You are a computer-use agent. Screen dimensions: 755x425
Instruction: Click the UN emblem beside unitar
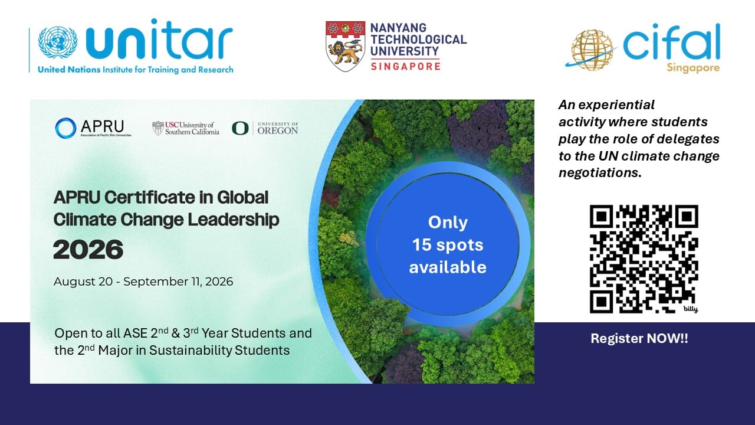[x=58, y=42]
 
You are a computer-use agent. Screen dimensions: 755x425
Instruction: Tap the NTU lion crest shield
[x=345, y=46]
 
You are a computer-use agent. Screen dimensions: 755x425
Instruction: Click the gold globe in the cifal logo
[x=592, y=50]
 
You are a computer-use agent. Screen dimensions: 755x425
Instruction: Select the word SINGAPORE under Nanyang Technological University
[x=405, y=66]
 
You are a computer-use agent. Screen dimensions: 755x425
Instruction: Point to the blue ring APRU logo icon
[x=65, y=128]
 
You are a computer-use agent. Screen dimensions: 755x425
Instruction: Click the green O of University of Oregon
[x=240, y=129]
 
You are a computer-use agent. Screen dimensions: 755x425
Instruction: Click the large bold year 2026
[x=88, y=250]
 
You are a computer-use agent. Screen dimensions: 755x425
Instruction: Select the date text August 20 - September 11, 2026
[x=143, y=282]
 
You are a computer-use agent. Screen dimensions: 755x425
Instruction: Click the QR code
[x=644, y=259]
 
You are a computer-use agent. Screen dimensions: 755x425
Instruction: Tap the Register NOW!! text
[x=639, y=338]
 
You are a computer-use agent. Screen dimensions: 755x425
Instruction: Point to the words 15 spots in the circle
[x=448, y=245]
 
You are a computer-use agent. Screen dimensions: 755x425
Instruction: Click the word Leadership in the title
[x=234, y=220]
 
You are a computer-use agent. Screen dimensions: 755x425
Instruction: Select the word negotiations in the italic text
[x=600, y=173]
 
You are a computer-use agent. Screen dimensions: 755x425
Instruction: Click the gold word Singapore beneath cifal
[x=693, y=68]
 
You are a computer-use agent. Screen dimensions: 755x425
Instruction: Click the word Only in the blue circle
[x=448, y=223]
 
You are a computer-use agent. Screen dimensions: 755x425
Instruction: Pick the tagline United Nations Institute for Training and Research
[x=136, y=70]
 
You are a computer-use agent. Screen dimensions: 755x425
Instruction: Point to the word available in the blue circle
[x=448, y=267]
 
